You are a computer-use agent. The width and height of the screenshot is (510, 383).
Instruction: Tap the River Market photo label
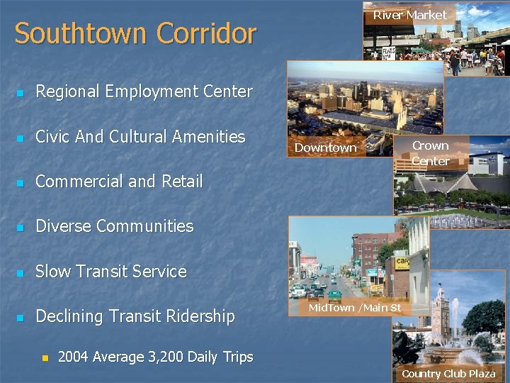tap(409, 15)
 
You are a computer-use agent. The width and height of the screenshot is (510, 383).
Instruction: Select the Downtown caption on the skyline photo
tap(325, 148)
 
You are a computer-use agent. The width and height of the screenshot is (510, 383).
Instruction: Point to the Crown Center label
tap(430, 153)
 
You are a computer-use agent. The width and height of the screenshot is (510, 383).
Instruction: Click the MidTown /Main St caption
tap(354, 308)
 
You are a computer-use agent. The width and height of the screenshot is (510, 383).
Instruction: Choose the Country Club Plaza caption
tap(448, 373)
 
